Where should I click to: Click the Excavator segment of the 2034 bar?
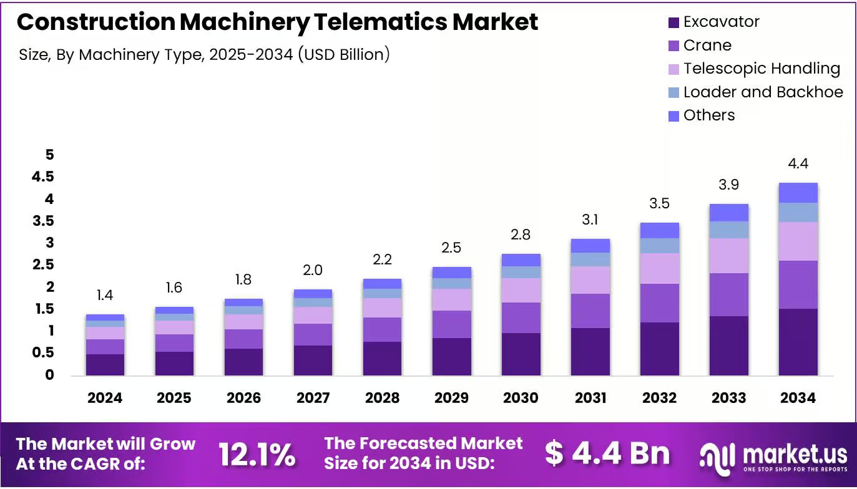[x=798, y=342]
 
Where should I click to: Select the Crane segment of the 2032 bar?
[x=660, y=303]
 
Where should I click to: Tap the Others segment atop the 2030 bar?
[x=521, y=260]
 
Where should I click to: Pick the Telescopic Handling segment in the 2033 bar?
[x=729, y=256]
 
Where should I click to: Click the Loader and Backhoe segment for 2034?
[x=798, y=213]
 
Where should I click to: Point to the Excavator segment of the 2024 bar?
[x=105, y=365]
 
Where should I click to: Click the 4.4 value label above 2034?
[x=798, y=163]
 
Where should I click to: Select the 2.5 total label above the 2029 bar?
[x=451, y=248]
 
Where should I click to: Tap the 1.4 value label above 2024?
[x=105, y=295]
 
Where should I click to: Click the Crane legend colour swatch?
[x=673, y=46]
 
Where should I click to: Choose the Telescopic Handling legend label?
[x=762, y=69]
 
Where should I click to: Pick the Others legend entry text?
[x=709, y=115]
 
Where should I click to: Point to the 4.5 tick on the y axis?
[x=43, y=177]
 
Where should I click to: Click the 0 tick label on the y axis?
[x=49, y=375]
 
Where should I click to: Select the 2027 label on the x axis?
[x=313, y=398]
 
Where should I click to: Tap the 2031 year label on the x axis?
[x=590, y=398]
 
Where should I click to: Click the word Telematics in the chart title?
[x=380, y=21]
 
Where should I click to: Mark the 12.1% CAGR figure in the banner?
[x=257, y=455]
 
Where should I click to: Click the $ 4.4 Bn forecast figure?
[x=607, y=453]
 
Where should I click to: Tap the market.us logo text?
[x=795, y=455]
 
